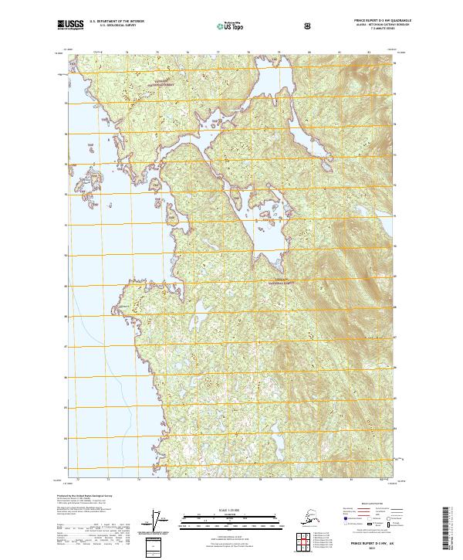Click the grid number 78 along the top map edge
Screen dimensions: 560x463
[x=248, y=53]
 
